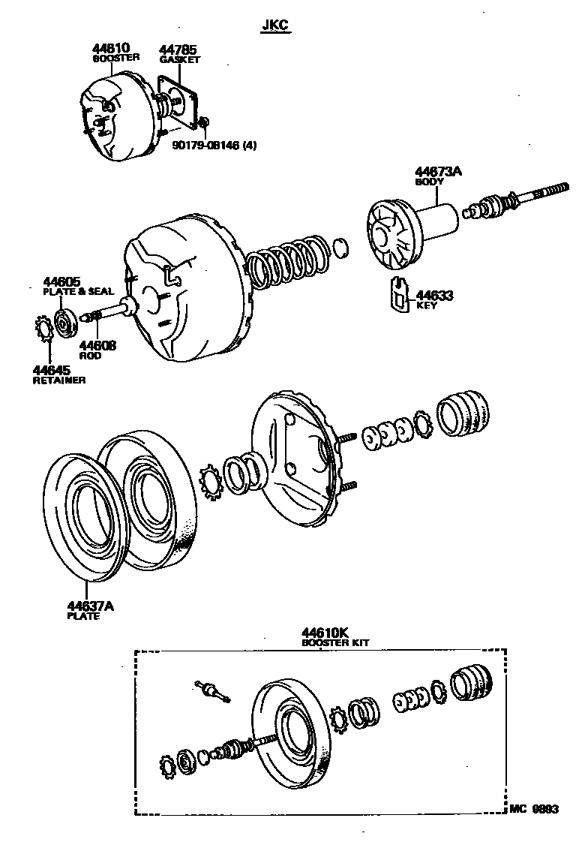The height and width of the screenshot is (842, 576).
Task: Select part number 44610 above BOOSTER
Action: [x=109, y=48]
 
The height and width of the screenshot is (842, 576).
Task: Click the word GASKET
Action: [x=179, y=59]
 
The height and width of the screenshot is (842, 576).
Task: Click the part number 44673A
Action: [x=439, y=172]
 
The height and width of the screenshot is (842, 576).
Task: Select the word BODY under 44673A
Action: [x=430, y=182]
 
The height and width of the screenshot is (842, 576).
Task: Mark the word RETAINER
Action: [x=58, y=380]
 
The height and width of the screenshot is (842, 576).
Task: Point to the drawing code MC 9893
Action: [x=534, y=809]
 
